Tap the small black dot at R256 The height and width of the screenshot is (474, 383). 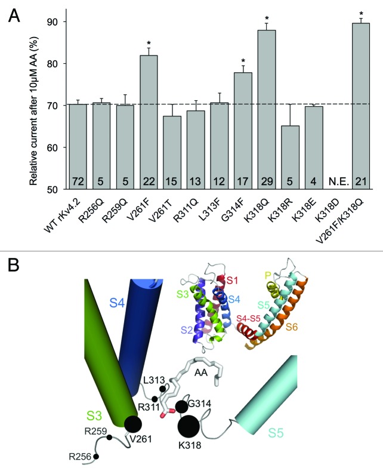96,457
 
